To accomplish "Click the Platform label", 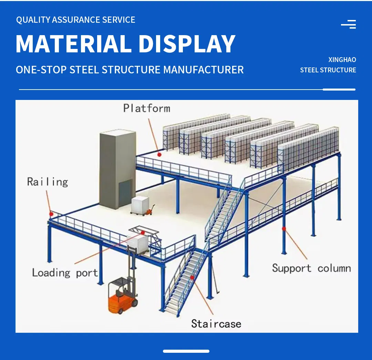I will click(147, 109).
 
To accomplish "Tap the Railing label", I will click(48, 182).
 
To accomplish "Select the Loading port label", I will click(65, 273).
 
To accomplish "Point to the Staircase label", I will click(216, 323).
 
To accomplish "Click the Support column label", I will click(311, 268).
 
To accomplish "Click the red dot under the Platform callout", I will click(159, 155).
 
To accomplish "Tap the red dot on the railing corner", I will click(51, 214).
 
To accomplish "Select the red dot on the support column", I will click(284, 228).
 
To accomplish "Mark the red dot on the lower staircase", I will click(192, 277).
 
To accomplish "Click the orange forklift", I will click(122, 296).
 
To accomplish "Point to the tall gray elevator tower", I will click(117, 169).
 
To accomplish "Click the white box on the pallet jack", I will click(140, 205).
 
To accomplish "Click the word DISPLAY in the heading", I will click(187, 44).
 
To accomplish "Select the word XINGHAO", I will click(342, 60).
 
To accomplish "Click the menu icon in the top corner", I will click(349, 24).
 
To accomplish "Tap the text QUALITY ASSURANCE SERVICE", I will click(76, 20).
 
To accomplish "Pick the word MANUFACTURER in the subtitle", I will click(203, 70).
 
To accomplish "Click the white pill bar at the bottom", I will click(186, 351).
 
